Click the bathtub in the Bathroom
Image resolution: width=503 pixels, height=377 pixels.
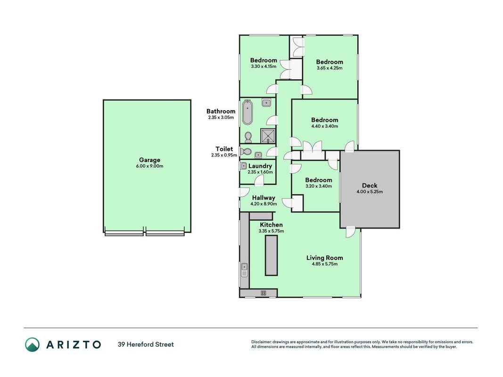point(247,112)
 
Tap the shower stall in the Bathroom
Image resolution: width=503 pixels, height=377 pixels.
point(268,136)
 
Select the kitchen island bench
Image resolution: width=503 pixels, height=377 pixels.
point(271,255)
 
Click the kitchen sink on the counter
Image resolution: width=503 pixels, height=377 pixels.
point(244,270)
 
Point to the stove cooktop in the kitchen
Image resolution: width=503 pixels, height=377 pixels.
point(264,293)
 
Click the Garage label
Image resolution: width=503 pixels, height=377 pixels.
point(149,160)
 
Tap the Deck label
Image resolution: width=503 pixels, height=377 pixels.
point(370,185)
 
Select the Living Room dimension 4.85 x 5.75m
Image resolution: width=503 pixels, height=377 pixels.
point(325,264)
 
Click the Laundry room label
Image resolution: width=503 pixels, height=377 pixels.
point(260,166)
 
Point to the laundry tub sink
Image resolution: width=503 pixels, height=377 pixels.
point(244,166)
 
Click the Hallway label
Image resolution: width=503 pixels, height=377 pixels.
point(264,198)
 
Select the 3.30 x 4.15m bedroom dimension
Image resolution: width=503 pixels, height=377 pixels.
point(264,66)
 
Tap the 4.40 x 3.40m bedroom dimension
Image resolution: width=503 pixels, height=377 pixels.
point(325,126)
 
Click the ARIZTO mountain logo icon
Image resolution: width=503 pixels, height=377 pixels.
point(33,344)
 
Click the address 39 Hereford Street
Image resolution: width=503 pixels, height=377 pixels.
point(146,344)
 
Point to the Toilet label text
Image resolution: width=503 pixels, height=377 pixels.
point(224,149)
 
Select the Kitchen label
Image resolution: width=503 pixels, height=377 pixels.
point(271,225)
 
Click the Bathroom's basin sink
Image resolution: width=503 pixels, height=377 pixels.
point(266,103)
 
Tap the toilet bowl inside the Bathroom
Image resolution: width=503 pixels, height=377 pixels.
point(248,138)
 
